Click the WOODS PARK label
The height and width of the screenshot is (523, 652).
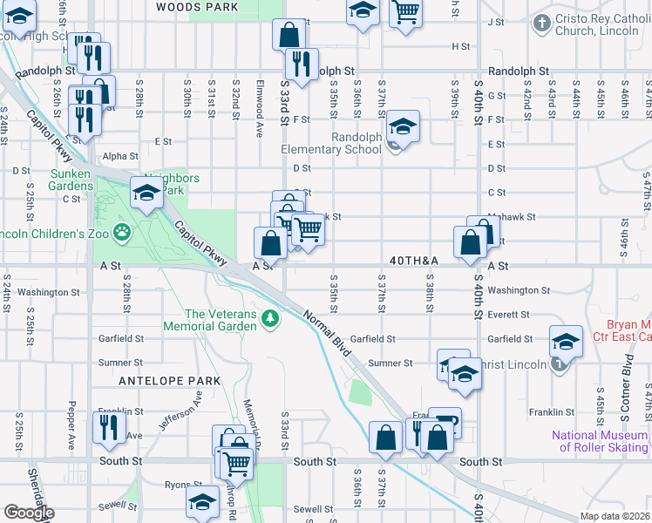tap(197, 7)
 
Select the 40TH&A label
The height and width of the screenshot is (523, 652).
tap(413, 261)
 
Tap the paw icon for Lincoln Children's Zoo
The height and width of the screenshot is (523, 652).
tap(125, 232)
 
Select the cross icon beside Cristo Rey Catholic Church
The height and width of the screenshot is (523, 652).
tap(541, 23)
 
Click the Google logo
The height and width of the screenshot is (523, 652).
tap(28, 513)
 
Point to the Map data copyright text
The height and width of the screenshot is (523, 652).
tap(615, 516)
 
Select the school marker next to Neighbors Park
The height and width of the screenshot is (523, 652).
tap(147, 194)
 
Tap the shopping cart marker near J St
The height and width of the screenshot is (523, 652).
tap(405, 13)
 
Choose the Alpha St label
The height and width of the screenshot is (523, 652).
tap(120, 156)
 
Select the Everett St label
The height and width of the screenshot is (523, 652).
tap(509, 315)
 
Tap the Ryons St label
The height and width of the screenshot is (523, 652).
tap(183, 485)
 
